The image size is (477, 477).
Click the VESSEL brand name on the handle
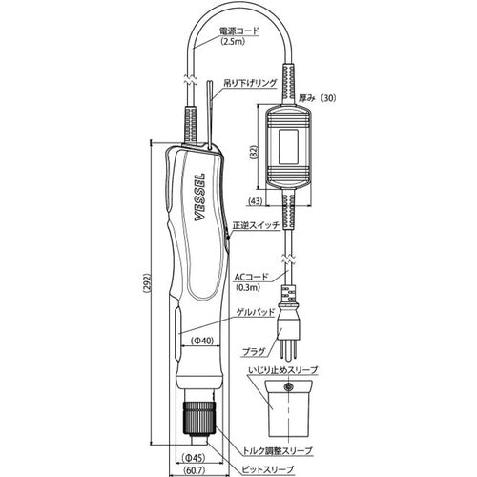click(199, 197)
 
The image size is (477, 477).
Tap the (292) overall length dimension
click(148, 284)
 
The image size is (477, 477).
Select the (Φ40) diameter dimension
click(202, 341)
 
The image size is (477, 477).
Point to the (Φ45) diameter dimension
click(195, 458)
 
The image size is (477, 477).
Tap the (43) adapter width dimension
click(256, 200)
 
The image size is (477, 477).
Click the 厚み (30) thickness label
click(317, 98)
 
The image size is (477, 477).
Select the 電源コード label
click(239, 31)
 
